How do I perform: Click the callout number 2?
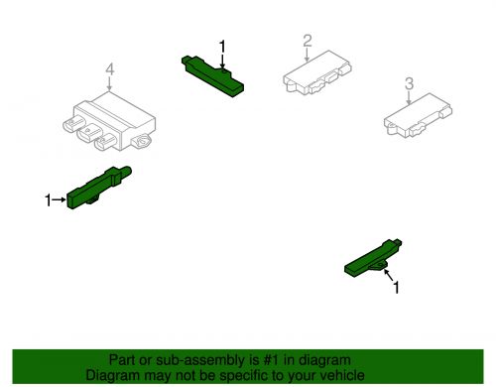(308, 40)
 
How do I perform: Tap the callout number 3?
(409, 83)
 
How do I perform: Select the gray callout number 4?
(111, 69)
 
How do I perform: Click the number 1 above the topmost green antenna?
(223, 46)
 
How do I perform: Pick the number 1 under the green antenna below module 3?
(398, 288)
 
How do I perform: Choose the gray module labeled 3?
(418, 118)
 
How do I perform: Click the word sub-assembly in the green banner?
(174, 361)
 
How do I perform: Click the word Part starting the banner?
(121, 361)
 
